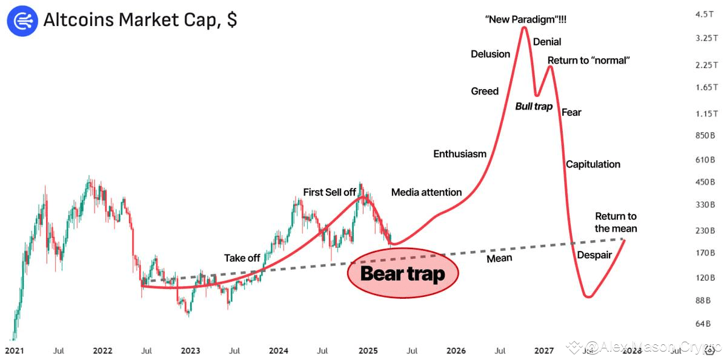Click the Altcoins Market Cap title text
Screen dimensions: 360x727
[140, 19]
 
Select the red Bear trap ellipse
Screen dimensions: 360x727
[403, 273]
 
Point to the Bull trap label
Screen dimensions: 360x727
[534, 107]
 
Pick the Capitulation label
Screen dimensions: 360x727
[593, 164]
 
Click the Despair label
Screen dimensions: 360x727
[594, 255]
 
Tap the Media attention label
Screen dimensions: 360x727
[427, 193]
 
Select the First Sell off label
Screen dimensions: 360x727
[330, 193]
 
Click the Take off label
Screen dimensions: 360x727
[242, 258]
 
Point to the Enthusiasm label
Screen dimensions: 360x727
[460, 154]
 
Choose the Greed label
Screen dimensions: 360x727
[485, 92]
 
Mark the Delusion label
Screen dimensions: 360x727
[491, 55]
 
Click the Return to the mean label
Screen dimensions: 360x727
[616, 222]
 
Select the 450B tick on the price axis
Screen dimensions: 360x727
[705, 182]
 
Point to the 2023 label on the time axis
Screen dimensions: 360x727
[190, 351]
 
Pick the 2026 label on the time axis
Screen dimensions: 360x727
[456, 351]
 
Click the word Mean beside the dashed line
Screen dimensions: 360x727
[500, 258]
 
